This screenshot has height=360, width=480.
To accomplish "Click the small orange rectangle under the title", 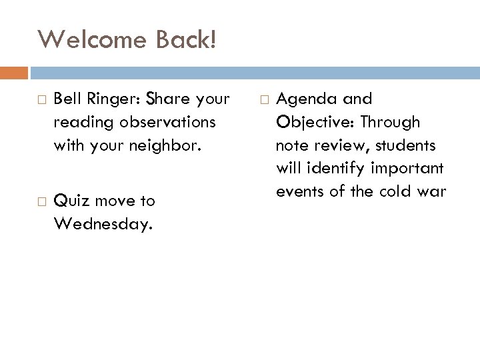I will point(14,72).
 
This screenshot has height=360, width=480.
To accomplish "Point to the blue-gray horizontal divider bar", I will point(253,72).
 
